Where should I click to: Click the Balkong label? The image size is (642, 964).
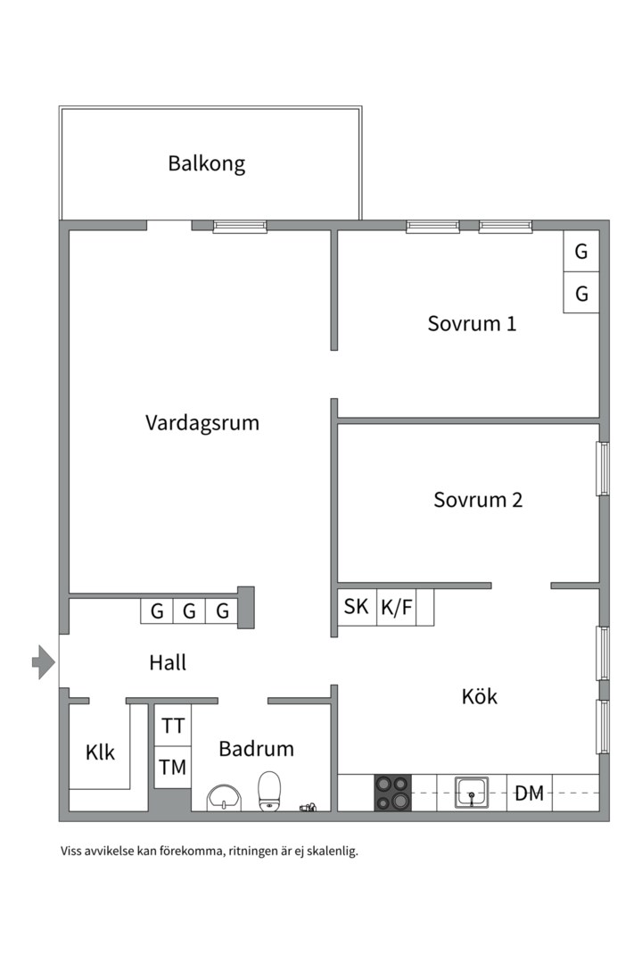click(x=206, y=164)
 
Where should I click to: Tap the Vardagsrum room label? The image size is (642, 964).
click(x=202, y=422)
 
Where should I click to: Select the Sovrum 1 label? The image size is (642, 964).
click(x=472, y=323)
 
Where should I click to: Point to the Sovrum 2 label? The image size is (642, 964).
click(x=478, y=500)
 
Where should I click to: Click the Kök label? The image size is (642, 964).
click(x=479, y=696)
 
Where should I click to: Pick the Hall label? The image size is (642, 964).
click(x=168, y=662)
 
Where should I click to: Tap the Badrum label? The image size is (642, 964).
click(x=256, y=749)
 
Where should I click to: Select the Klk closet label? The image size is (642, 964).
click(x=100, y=752)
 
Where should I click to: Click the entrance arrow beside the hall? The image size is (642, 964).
click(x=43, y=662)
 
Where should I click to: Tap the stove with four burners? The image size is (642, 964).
click(x=392, y=792)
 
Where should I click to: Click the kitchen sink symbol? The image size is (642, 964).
click(x=471, y=792)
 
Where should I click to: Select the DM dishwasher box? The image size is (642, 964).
click(x=530, y=793)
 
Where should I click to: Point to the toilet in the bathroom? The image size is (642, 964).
click(x=269, y=792)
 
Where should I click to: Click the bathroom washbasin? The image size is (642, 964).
click(x=223, y=797)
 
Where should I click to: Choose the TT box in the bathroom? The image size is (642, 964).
click(x=173, y=726)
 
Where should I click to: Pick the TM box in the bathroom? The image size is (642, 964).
click(x=173, y=766)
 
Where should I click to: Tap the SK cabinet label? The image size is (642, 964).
click(x=357, y=607)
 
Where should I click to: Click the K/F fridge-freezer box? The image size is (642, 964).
click(x=397, y=607)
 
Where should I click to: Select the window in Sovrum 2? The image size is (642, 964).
click(x=604, y=469)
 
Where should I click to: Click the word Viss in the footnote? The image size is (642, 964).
click(x=71, y=852)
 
